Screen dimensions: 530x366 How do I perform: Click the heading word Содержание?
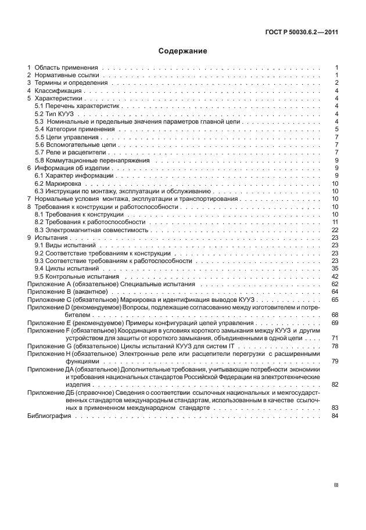tap(183, 51)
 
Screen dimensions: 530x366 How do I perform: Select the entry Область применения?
tap(66, 68)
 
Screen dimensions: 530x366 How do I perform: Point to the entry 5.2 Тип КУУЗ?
tap(55, 114)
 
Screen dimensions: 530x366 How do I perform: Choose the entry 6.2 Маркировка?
tap(58, 183)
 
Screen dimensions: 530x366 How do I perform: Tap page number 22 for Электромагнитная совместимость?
tap(335, 230)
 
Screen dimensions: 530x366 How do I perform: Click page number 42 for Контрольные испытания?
tap(335, 276)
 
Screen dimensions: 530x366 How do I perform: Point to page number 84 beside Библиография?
tap(335, 416)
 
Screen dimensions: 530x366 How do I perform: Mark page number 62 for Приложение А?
tap(335, 284)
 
